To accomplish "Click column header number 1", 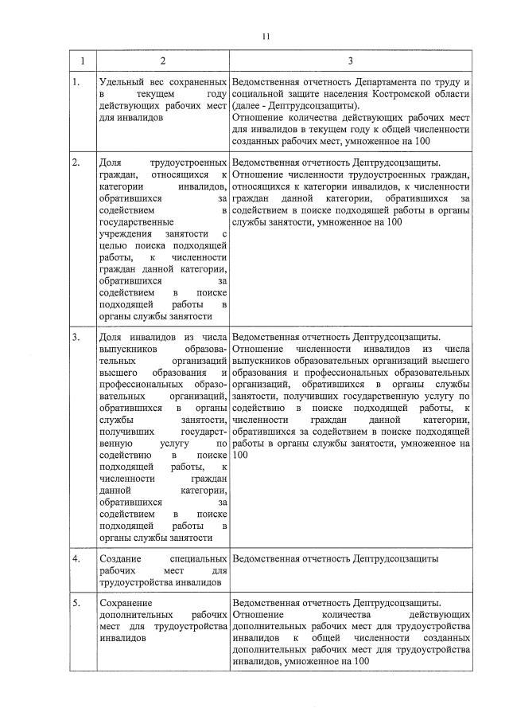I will click(x=82, y=61).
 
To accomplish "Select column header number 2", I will click(x=162, y=61).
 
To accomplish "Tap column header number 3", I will click(x=350, y=61).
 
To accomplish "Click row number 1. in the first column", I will click(x=76, y=83).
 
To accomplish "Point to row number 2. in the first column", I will click(x=76, y=162).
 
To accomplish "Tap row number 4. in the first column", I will click(x=76, y=558).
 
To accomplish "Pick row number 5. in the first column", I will click(x=76, y=603).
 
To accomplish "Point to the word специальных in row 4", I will click(x=200, y=558).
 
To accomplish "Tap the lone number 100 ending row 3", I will click(x=241, y=454).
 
